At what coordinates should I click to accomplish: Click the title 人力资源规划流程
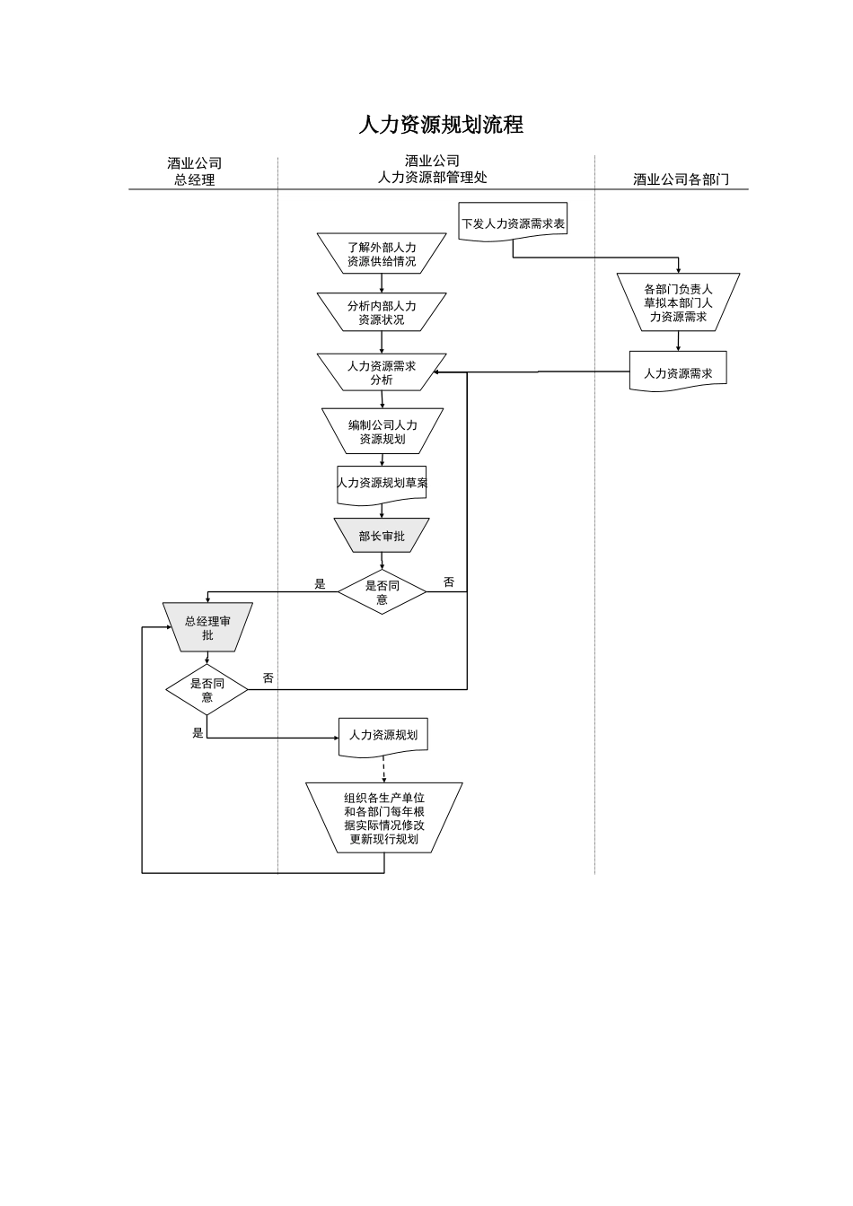click(x=440, y=125)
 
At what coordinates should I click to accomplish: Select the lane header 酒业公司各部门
click(x=681, y=179)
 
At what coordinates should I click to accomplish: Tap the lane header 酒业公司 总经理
click(x=194, y=171)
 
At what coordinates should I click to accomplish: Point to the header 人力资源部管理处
click(x=432, y=178)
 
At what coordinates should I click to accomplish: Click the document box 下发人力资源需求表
click(x=513, y=223)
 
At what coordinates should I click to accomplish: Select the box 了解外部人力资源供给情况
click(x=382, y=254)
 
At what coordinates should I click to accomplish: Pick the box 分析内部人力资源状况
click(x=382, y=312)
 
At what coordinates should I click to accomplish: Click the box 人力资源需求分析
click(x=382, y=372)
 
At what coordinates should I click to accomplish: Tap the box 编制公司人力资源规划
click(x=383, y=432)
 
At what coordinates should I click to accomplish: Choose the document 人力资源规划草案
click(x=383, y=484)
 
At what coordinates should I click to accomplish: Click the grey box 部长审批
click(x=382, y=536)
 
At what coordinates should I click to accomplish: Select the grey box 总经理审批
click(x=207, y=627)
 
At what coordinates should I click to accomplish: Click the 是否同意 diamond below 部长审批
click(x=382, y=592)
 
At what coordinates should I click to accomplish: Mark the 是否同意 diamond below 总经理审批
click(x=207, y=690)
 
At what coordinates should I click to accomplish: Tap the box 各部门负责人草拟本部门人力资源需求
click(x=678, y=302)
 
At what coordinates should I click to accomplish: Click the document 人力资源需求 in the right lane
click(x=678, y=372)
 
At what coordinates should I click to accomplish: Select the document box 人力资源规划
click(x=383, y=735)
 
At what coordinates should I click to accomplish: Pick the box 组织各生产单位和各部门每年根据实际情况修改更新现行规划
click(x=384, y=817)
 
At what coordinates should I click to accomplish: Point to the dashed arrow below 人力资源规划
click(x=384, y=769)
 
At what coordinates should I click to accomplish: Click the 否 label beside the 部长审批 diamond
click(x=449, y=582)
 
